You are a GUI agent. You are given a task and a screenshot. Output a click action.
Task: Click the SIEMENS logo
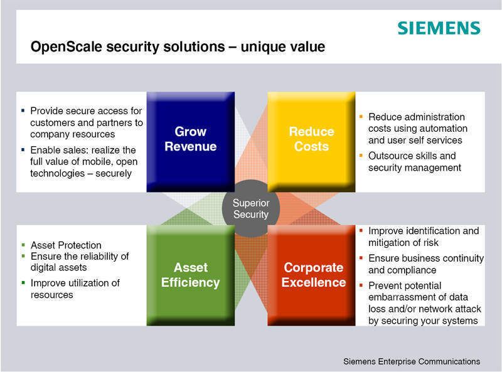(x=439, y=28)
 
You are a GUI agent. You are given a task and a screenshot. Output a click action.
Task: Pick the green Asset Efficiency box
(x=190, y=274)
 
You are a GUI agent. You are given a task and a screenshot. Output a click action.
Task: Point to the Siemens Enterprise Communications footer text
(x=411, y=361)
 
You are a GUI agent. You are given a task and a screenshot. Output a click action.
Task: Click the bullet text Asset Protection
(x=66, y=245)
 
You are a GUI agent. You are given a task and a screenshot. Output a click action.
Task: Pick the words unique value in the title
(x=291, y=48)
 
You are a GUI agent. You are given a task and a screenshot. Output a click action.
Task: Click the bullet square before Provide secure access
(x=23, y=110)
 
